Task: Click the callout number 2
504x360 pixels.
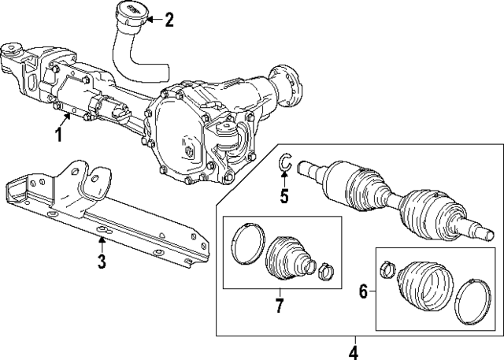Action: (x=169, y=20)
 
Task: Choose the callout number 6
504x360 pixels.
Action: (x=363, y=291)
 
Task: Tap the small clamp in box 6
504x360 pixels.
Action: (x=387, y=269)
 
